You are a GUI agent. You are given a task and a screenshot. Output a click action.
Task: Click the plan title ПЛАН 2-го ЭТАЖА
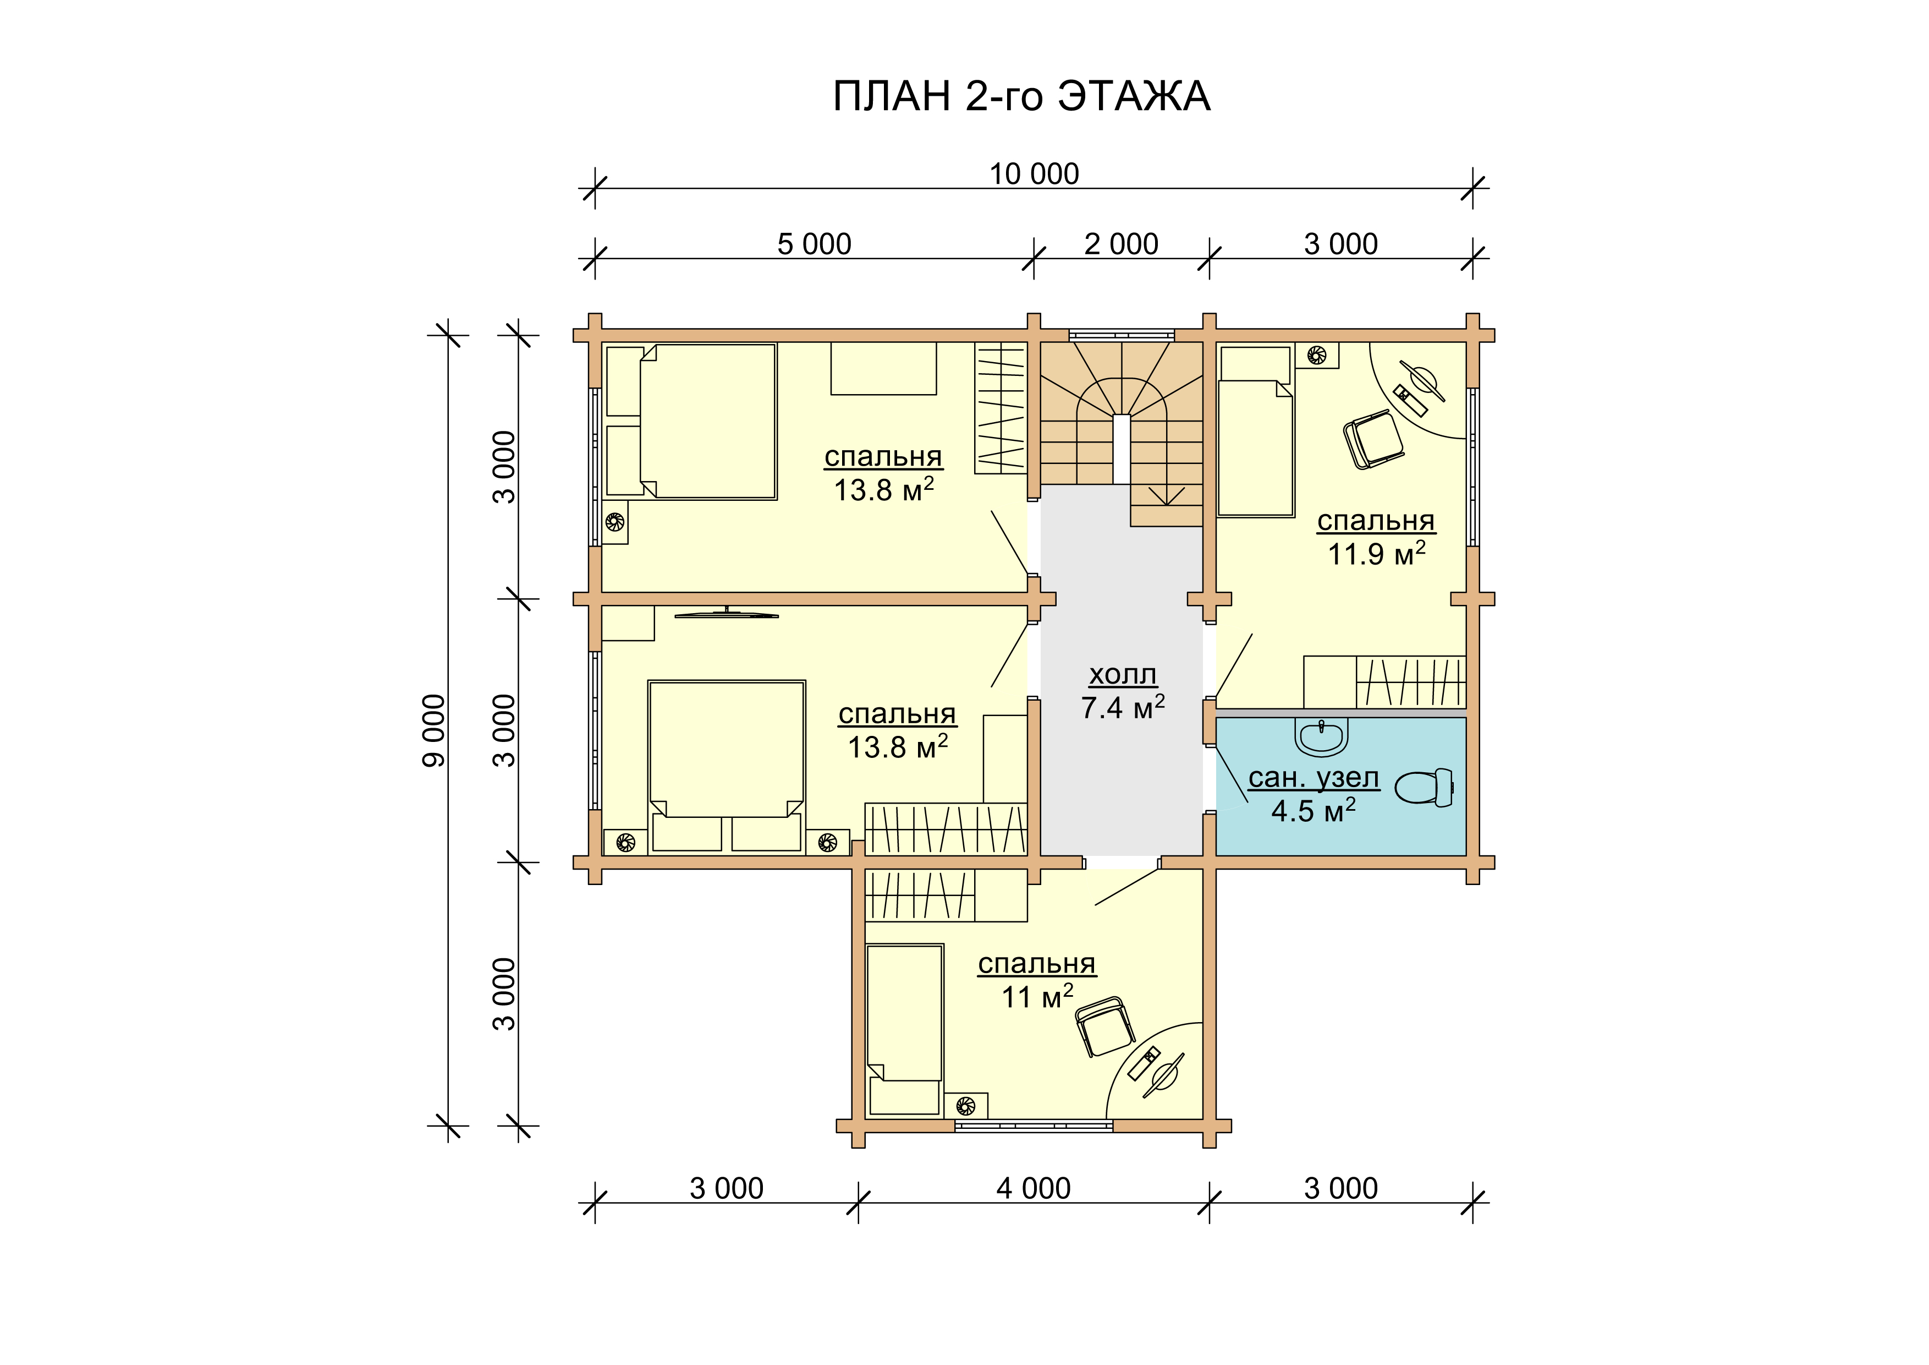pos(1021,97)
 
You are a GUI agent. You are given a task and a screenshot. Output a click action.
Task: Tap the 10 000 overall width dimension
pos(1034,174)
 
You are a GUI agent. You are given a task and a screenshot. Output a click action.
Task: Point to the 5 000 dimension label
pos(814,244)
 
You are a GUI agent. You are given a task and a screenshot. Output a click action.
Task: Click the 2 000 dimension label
pos(1121,244)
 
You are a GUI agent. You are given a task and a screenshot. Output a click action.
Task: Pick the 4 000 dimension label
pos(1034,1188)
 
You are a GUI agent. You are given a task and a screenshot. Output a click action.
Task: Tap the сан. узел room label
pos(1313,778)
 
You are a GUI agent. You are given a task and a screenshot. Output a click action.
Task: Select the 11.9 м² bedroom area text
pos(1376,554)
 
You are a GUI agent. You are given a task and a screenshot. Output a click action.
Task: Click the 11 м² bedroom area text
pos(1037,997)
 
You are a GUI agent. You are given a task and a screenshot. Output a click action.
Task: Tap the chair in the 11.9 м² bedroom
pos(1373,439)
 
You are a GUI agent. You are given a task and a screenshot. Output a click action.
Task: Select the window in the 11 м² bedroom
pos(1034,1126)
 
